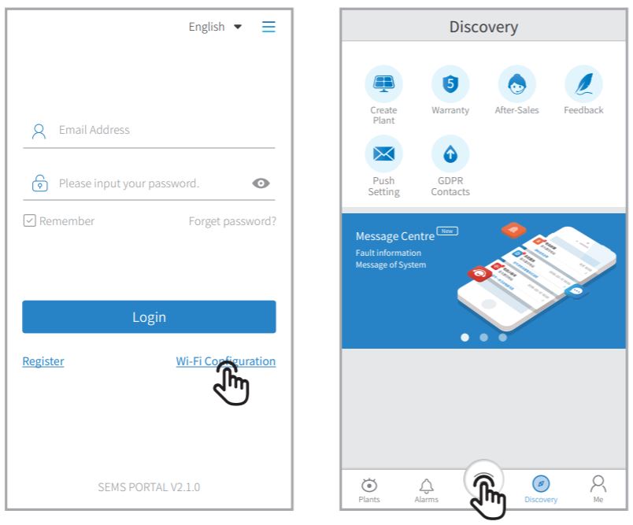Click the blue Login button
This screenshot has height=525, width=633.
(x=149, y=316)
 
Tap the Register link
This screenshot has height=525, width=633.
(x=43, y=361)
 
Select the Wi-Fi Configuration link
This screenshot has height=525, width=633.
(x=225, y=361)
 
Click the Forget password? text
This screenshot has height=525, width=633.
(x=232, y=221)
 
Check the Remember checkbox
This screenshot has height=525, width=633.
(x=29, y=221)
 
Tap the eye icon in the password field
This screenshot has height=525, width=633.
(x=261, y=183)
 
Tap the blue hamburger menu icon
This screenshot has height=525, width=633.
(x=268, y=27)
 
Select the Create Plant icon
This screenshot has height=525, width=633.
(x=383, y=82)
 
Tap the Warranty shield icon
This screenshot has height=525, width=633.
(x=450, y=82)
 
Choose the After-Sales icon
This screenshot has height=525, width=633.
(x=516, y=82)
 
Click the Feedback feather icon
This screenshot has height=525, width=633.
(x=583, y=82)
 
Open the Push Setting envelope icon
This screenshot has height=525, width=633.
(x=383, y=153)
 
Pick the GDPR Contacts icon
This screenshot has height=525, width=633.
(x=450, y=153)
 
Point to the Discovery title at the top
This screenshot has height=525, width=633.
(x=483, y=27)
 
